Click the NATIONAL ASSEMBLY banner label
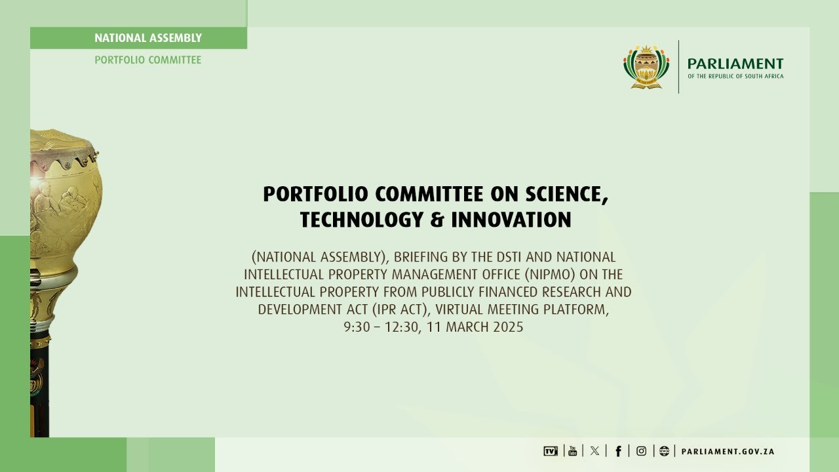[x=148, y=38]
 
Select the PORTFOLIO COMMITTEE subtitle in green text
[x=148, y=60]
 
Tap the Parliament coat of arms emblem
[x=646, y=67]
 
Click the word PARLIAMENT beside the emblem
[x=735, y=64]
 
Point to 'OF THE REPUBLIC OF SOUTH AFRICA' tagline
[x=735, y=77]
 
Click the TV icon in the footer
[x=551, y=451]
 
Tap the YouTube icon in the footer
[x=572, y=451]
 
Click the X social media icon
[x=595, y=451]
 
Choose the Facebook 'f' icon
[x=618, y=451]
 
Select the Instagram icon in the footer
[x=641, y=451]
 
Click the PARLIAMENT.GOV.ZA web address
[x=728, y=452]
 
